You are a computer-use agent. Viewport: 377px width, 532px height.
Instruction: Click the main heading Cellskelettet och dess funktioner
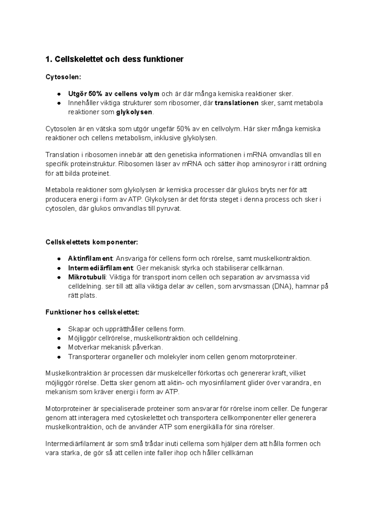[x=114, y=59]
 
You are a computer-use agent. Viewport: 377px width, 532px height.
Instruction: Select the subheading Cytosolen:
[x=61, y=77]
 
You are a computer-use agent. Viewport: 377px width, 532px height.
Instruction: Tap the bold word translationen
[x=237, y=103]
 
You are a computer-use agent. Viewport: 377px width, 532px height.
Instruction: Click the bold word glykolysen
[x=134, y=112]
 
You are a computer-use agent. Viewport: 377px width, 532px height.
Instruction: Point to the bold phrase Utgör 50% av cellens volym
[x=114, y=94]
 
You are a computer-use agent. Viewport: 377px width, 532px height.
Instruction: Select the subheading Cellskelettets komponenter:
[x=91, y=242]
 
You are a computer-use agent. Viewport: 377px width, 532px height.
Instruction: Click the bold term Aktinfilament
[x=90, y=258]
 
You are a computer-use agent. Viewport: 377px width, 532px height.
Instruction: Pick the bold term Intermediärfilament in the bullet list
[x=101, y=268]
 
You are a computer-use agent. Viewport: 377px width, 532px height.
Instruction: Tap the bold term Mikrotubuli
[x=87, y=277]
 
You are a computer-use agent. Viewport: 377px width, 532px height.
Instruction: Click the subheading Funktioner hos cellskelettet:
[x=92, y=312]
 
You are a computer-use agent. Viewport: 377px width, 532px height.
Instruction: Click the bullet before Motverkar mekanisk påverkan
[x=59, y=348]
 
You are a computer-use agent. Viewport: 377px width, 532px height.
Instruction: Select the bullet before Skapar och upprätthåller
[x=59, y=329]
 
